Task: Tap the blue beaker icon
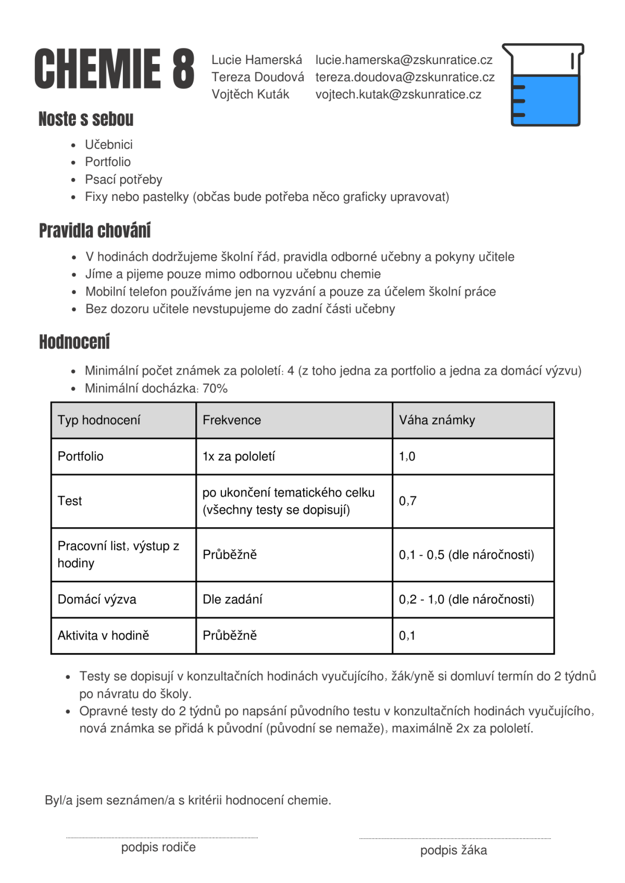pyautogui.click(x=543, y=85)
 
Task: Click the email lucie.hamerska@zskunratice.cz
pyautogui.click(x=404, y=60)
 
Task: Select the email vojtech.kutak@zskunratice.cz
pyautogui.click(x=398, y=94)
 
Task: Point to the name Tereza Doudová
pyautogui.click(x=257, y=77)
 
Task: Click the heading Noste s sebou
pyautogui.click(x=86, y=119)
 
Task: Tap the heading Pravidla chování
pyautogui.click(x=95, y=231)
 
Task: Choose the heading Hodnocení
pyautogui.click(x=74, y=342)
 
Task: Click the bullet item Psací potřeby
pyautogui.click(x=123, y=180)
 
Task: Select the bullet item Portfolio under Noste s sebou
pyautogui.click(x=108, y=162)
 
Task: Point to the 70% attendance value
pyautogui.click(x=215, y=388)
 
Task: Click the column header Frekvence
pyautogui.click(x=232, y=420)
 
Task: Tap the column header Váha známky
pyautogui.click(x=437, y=420)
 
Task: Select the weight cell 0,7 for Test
pyautogui.click(x=408, y=501)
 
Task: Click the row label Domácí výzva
pyautogui.click(x=97, y=599)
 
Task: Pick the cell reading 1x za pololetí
pyautogui.click(x=239, y=456)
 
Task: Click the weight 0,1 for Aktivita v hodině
pyautogui.click(x=407, y=635)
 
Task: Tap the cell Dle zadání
pyautogui.click(x=232, y=599)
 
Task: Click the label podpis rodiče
pyautogui.click(x=158, y=847)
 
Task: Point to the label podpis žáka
pyautogui.click(x=454, y=850)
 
